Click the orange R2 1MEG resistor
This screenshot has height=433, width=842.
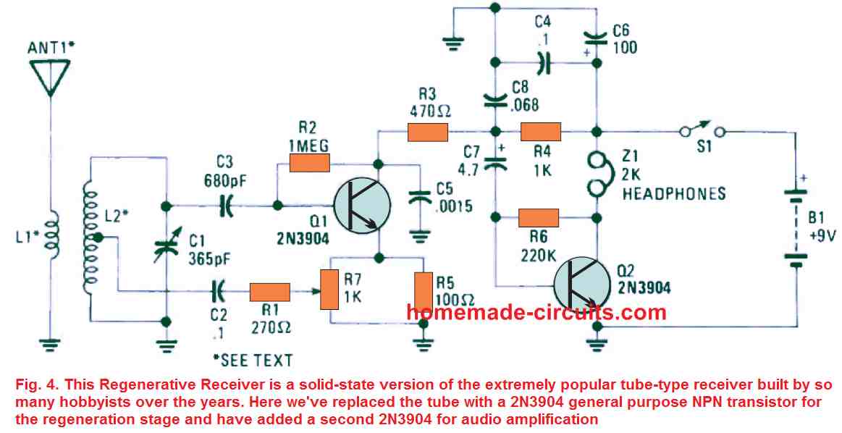(309, 163)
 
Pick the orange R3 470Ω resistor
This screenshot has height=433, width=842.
(428, 133)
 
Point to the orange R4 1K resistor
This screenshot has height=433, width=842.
(541, 133)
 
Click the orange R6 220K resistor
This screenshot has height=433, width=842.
(538, 217)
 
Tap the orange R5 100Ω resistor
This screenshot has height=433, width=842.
(423, 290)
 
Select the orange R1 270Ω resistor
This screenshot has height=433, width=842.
(269, 293)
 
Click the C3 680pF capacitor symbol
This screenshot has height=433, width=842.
(227, 206)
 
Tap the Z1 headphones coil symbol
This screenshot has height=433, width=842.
(597, 175)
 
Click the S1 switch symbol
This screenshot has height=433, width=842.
(702, 131)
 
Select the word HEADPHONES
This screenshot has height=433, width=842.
(673, 193)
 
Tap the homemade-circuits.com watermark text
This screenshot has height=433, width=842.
(536, 312)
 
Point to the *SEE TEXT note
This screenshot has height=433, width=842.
(253, 360)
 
